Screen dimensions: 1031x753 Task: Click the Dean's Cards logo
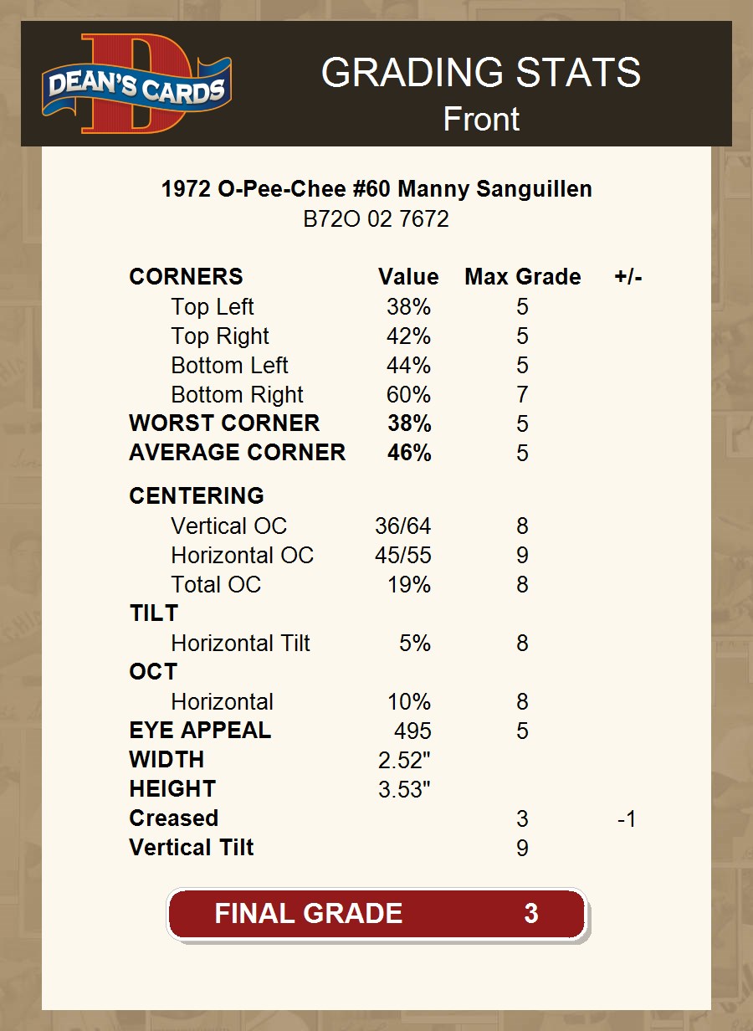[137, 85]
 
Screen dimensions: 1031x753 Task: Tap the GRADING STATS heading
[480, 74]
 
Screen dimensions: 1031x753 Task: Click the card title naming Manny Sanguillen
[376, 189]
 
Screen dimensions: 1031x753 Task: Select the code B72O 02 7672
[376, 219]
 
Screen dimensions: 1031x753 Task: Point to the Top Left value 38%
[408, 307]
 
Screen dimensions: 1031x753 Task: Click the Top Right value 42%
[408, 336]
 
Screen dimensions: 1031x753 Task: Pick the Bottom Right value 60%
[408, 395]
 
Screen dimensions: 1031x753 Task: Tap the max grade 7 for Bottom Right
[522, 395]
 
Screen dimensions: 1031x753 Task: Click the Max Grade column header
[522, 277]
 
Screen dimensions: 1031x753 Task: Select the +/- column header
[627, 277]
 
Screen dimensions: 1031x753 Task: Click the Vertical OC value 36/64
[402, 526]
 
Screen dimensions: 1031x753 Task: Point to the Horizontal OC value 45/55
[402, 556]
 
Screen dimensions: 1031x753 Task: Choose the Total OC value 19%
[408, 585]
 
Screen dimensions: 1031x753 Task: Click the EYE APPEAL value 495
[412, 731]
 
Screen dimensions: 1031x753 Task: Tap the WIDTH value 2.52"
[404, 761]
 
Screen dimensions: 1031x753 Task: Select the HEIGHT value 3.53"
[404, 790]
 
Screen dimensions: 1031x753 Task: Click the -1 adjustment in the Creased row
[627, 819]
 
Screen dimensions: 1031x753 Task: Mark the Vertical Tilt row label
[192, 848]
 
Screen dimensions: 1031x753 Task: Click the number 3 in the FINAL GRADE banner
[530, 913]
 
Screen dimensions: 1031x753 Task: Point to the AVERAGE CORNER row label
[237, 453]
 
